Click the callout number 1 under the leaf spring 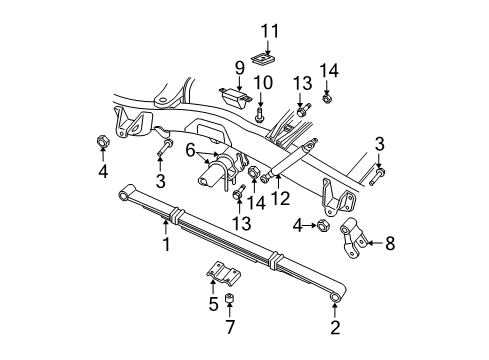coord(167,243)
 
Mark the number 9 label coord(239,67)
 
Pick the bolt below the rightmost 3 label coord(378,181)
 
